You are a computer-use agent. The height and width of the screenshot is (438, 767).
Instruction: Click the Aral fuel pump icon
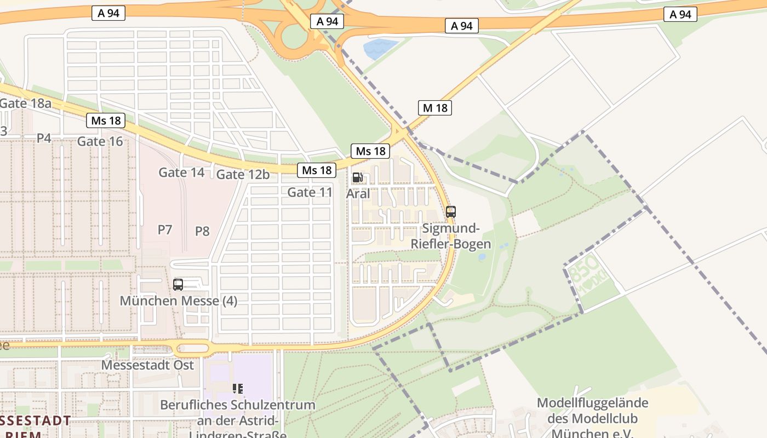click(x=357, y=177)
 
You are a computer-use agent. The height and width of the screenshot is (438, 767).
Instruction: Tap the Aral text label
click(x=358, y=193)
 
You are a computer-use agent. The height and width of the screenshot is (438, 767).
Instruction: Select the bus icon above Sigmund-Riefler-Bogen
click(x=451, y=212)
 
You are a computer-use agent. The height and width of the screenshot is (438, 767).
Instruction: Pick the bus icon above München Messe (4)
click(x=178, y=285)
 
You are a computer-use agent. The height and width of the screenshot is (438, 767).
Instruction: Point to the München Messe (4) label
click(x=179, y=301)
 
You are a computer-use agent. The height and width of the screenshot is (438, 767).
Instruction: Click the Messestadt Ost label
click(x=148, y=365)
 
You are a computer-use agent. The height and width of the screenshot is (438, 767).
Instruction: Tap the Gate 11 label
click(x=310, y=192)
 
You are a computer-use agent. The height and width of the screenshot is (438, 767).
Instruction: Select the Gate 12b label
click(x=243, y=175)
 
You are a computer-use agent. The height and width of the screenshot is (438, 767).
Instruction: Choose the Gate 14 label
click(x=181, y=172)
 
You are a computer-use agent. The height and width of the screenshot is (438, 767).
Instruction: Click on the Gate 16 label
click(x=100, y=141)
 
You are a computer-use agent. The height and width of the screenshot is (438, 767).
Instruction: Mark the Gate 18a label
click(x=25, y=103)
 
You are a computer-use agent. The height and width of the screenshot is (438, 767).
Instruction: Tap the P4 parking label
click(x=44, y=138)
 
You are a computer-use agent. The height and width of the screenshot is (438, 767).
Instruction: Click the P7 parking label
click(x=165, y=229)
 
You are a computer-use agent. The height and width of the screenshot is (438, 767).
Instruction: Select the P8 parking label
click(x=202, y=231)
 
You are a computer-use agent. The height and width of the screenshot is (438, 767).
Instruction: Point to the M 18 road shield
click(x=435, y=108)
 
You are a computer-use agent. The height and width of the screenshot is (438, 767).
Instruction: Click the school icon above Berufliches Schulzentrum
click(x=237, y=389)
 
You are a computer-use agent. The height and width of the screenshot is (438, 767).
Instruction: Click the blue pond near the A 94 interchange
click(x=381, y=48)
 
